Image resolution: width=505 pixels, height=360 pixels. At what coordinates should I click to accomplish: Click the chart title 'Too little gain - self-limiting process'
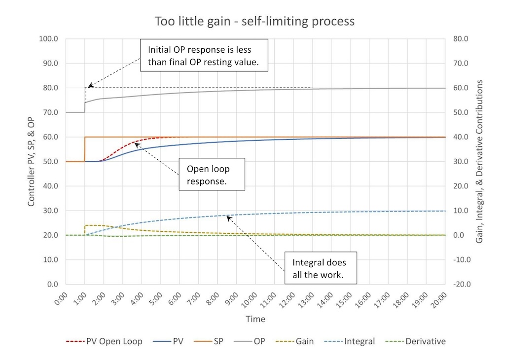coord(254,21)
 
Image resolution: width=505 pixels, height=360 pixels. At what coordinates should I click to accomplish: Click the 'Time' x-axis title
coord(255,319)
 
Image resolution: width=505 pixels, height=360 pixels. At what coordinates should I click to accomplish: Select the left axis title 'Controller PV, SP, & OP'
coord(31,161)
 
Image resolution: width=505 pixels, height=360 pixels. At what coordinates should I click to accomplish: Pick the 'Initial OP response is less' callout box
coord(204,55)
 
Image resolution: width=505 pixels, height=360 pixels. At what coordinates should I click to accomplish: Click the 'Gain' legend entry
coord(304,341)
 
